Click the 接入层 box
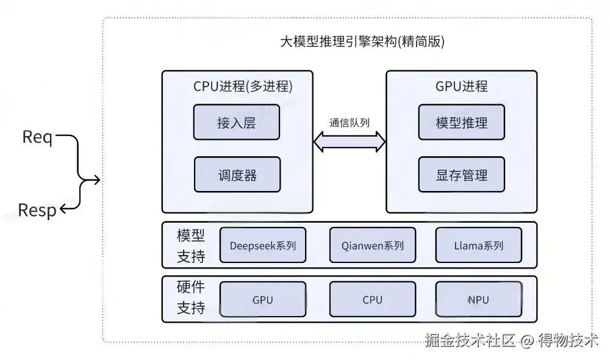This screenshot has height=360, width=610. (x=236, y=123)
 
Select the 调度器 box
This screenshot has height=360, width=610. (x=237, y=175)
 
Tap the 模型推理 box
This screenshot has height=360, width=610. (x=462, y=123)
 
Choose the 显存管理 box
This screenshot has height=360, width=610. (x=462, y=175)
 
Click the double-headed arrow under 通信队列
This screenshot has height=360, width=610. (x=350, y=142)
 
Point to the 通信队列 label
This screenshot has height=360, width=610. (x=350, y=122)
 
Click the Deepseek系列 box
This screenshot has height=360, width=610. (x=263, y=245)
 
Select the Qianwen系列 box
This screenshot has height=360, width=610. (x=372, y=245)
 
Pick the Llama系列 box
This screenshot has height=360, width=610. (x=479, y=245)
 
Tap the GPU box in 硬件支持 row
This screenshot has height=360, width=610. (x=263, y=300)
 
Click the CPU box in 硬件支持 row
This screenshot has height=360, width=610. (x=372, y=300)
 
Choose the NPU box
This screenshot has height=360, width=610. (x=479, y=300)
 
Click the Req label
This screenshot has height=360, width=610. (x=37, y=137)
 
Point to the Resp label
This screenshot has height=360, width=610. (x=37, y=211)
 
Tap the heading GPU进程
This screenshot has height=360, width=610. (x=461, y=86)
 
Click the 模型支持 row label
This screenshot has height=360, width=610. (x=191, y=245)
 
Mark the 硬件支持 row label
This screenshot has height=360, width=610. (x=191, y=298)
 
